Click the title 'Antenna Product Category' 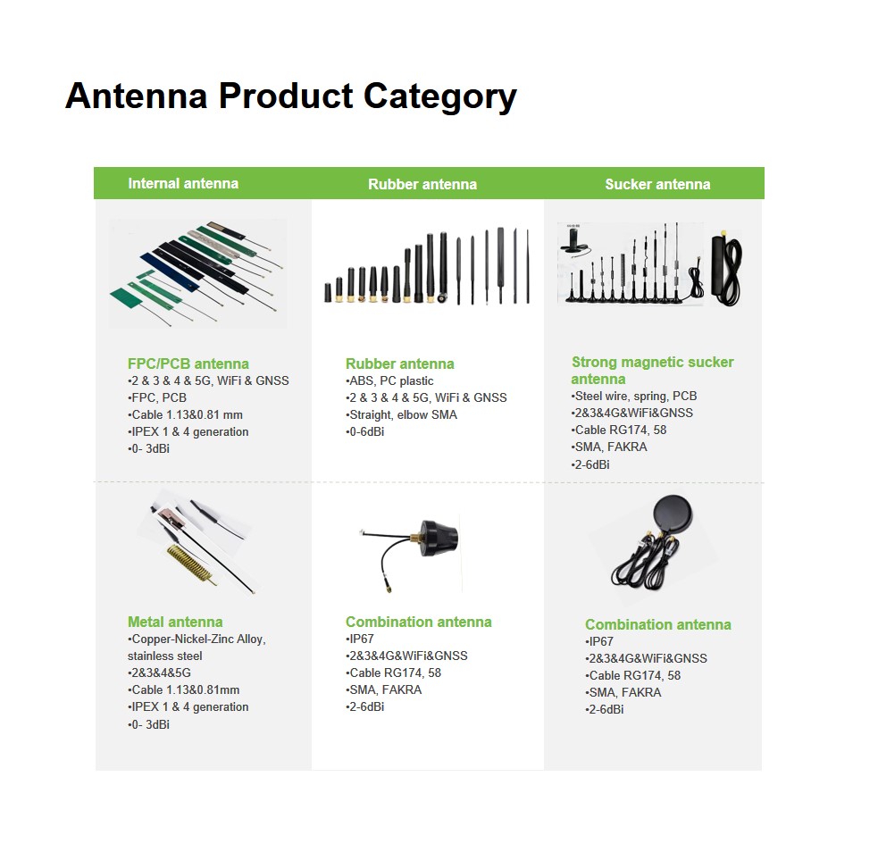click(x=290, y=96)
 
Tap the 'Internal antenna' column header click(x=183, y=184)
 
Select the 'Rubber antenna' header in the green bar click(x=422, y=184)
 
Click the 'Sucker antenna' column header click(x=657, y=184)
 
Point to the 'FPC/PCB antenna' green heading click(x=188, y=364)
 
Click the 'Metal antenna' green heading click(x=175, y=622)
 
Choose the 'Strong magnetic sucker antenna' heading click(x=652, y=370)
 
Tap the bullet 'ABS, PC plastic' click(x=389, y=380)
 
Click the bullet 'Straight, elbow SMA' click(x=401, y=415)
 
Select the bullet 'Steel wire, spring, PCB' click(x=634, y=396)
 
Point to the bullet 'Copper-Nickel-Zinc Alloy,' click(x=197, y=639)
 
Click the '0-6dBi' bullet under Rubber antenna click(x=365, y=431)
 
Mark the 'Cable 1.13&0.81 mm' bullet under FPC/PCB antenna click(x=186, y=415)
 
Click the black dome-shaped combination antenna click(x=439, y=539)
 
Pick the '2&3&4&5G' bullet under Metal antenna click(x=159, y=673)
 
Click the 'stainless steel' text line click(x=164, y=656)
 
